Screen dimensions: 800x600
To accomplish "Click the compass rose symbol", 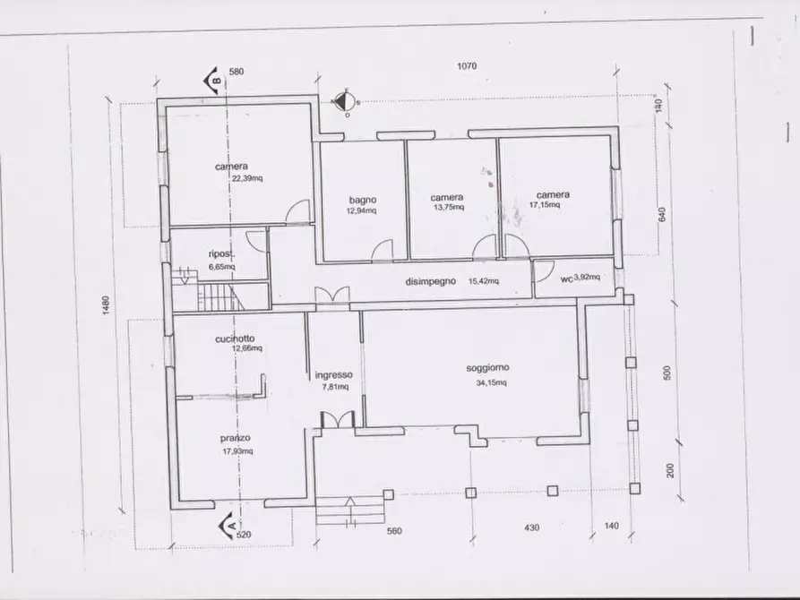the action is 347,102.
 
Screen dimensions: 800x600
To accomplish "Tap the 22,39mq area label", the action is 247,178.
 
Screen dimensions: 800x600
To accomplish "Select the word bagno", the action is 363,200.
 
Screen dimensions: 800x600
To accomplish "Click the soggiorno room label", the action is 487,368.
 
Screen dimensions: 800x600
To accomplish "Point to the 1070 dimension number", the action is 467,65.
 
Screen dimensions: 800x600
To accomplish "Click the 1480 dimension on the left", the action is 106,305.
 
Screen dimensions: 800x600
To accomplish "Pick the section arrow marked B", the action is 213,81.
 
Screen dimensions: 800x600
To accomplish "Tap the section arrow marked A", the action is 228,527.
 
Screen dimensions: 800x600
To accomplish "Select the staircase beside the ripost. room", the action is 221,296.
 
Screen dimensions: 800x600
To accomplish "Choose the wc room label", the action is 566,279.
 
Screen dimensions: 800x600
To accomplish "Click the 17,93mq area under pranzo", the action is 237,451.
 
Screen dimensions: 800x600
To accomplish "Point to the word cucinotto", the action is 235,339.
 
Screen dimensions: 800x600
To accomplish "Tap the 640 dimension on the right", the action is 663,214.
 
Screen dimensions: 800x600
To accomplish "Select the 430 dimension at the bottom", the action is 531,527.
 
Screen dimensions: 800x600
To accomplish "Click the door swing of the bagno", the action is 383,250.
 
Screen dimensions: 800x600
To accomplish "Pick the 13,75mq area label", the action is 449,207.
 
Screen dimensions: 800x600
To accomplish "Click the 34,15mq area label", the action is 491,382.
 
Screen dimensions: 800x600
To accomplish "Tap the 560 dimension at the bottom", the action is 394,531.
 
